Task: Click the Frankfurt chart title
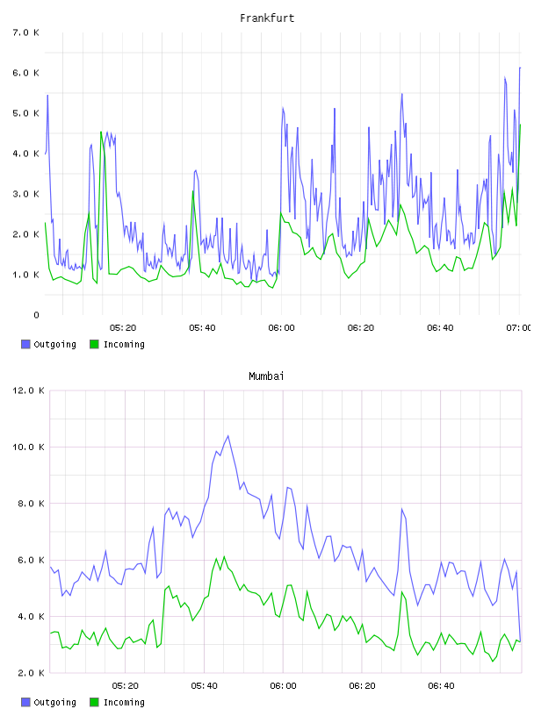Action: tap(267, 18)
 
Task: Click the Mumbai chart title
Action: tap(266, 376)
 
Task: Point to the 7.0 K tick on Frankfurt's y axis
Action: tap(26, 32)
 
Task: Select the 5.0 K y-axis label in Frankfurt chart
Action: tap(26, 113)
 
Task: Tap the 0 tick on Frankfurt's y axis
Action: tap(36, 315)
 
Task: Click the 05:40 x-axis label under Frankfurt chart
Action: tap(202, 328)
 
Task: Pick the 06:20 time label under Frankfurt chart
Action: tap(361, 328)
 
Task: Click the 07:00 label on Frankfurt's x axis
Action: tap(518, 328)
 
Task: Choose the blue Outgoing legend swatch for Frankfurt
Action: tap(25, 344)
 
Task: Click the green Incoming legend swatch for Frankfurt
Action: tap(94, 344)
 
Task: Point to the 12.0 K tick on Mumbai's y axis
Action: tap(28, 390)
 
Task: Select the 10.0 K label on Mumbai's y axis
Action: tap(28, 447)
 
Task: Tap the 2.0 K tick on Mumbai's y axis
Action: tap(31, 673)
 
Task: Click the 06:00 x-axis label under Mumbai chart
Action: tap(283, 686)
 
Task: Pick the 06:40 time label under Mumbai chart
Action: tap(441, 686)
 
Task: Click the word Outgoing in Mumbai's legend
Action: tap(54, 702)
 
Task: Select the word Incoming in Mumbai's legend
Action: tap(124, 702)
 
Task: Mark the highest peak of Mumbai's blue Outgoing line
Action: tap(228, 435)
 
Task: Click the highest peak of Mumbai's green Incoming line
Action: tap(224, 556)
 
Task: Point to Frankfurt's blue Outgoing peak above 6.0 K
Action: tap(520, 68)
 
